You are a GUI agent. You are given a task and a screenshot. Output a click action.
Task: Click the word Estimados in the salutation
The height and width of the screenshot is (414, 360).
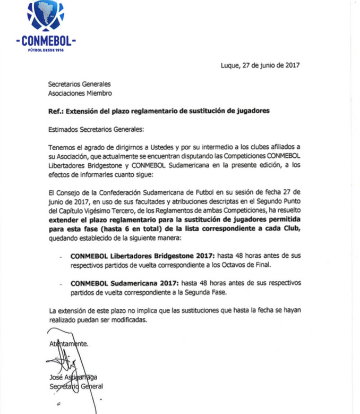click(64, 129)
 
